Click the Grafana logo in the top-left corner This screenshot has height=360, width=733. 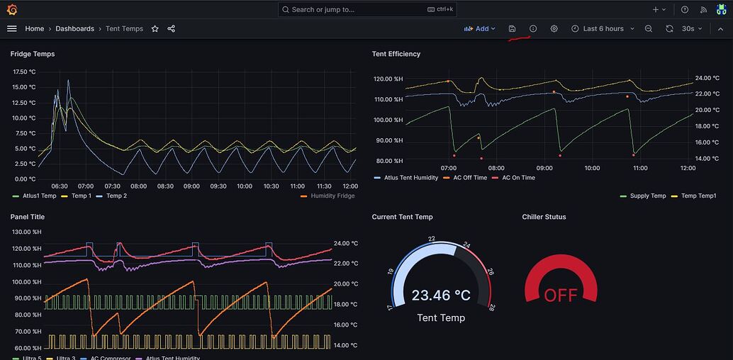(x=12, y=10)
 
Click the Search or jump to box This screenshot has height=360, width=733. (x=367, y=10)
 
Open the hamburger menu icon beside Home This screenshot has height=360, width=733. (x=11, y=29)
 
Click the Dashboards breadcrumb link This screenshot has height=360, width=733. (x=74, y=29)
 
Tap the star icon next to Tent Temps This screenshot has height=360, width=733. (x=155, y=29)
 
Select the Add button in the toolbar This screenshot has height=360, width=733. (x=480, y=29)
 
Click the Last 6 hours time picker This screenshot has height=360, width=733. (x=603, y=29)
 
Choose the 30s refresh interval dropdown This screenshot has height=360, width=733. (x=691, y=29)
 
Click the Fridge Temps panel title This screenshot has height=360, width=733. (x=33, y=54)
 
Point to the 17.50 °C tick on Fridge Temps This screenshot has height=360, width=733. (x=24, y=72)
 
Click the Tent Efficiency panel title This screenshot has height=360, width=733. (x=396, y=54)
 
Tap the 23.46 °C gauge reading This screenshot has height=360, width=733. (x=441, y=295)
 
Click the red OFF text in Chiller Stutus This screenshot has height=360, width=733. (x=560, y=295)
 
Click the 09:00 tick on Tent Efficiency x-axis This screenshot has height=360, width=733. (x=544, y=168)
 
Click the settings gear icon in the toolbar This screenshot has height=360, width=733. (x=554, y=29)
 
